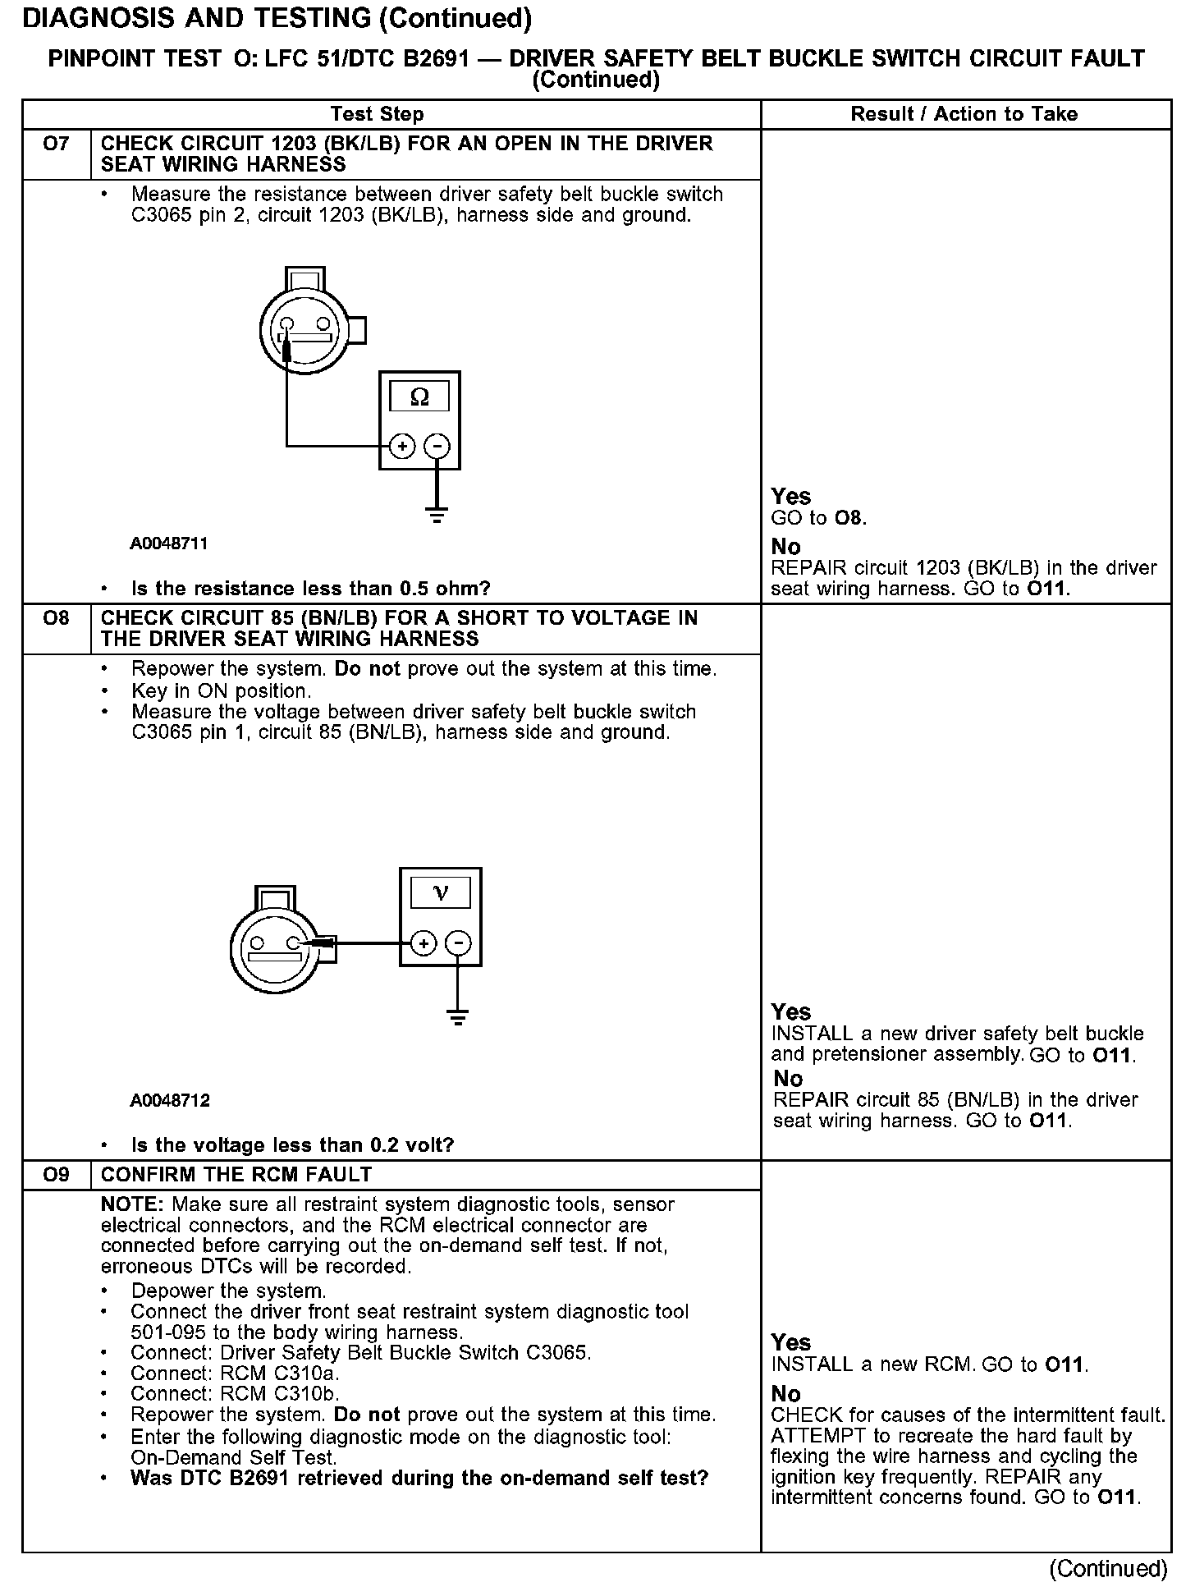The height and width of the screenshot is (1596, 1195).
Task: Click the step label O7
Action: click(56, 144)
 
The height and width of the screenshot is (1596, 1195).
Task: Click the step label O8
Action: click(56, 619)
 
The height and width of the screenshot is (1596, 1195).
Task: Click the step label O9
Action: click(56, 1175)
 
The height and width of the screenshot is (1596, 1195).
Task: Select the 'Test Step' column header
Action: click(377, 114)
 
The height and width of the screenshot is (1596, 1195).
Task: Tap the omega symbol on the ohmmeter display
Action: click(419, 397)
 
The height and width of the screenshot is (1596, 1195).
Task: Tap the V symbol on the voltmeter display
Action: click(441, 893)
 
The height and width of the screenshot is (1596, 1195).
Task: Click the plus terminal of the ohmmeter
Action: click(401, 447)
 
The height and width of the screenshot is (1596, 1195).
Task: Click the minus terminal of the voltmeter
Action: click(459, 943)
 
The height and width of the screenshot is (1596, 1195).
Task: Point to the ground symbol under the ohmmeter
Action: click(437, 516)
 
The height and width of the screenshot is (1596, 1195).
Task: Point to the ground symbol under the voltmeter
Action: click(458, 1018)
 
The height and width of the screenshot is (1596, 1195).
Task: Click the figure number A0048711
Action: click(169, 543)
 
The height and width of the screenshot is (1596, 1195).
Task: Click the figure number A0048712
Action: click(169, 1100)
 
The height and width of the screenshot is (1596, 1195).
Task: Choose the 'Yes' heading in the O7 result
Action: click(791, 497)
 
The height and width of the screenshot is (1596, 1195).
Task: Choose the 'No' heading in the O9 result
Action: click(785, 1394)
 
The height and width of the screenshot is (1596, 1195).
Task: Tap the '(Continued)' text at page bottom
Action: click(1108, 1569)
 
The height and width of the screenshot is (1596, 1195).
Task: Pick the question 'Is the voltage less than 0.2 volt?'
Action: click(292, 1145)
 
